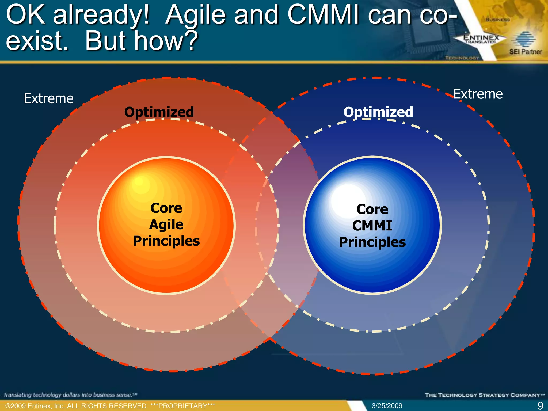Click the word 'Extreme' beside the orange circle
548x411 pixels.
click(48, 98)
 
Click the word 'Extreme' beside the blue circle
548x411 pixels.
click(478, 94)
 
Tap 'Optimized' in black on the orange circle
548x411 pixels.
click(159, 112)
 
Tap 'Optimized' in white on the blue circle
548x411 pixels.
click(378, 112)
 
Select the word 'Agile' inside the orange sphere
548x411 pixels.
click(166, 224)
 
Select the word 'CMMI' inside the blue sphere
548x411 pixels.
click(372, 225)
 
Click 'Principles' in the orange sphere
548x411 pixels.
click(166, 241)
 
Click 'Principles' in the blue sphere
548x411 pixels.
click(372, 242)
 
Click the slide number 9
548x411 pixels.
click(540, 406)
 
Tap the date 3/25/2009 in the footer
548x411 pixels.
click(387, 406)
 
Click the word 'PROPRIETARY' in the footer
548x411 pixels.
click(183, 406)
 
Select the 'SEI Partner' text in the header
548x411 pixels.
click(525, 52)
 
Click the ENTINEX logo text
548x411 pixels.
click(481, 38)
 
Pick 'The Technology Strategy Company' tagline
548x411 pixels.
click(485, 395)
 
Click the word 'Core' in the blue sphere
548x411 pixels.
click(372, 209)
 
